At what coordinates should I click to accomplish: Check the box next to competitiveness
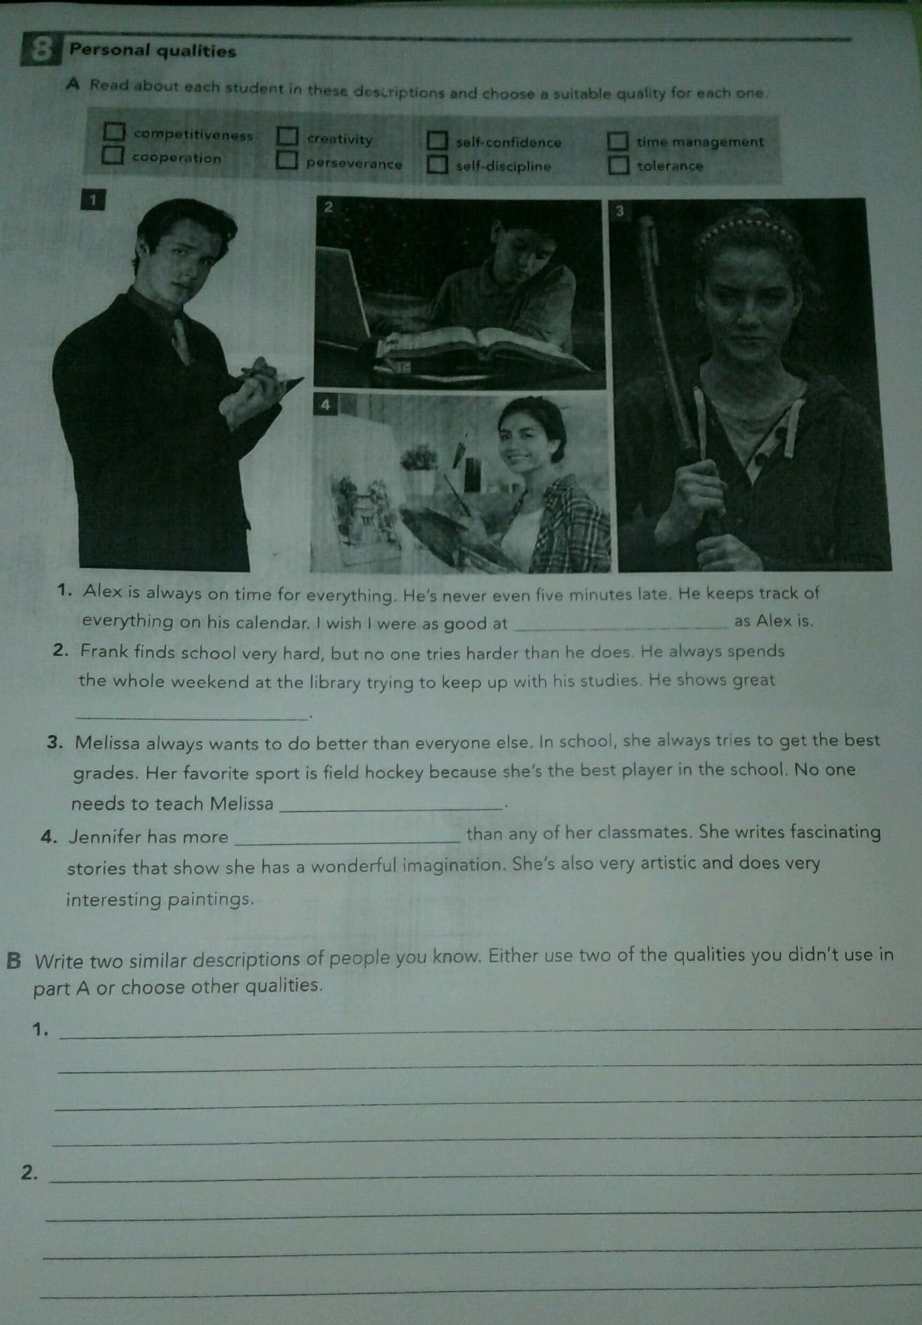tap(114, 131)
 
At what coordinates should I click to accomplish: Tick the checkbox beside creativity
tap(287, 136)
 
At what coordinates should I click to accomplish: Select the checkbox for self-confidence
tap(437, 140)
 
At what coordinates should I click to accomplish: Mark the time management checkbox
tap(618, 140)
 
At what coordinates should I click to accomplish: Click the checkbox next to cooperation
tap(113, 155)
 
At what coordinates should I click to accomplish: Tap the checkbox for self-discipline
tap(437, 165)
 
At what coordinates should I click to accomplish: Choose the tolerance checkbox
tap(618, 165)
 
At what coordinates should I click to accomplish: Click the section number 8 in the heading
tap(40, 51)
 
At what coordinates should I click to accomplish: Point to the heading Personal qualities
tap(153, 51)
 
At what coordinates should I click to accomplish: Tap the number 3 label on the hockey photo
tap(620, 211)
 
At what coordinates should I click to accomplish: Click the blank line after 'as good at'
tap(621, 627)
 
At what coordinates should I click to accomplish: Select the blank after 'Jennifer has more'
tap(348, 845)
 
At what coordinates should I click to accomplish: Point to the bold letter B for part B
tap(15, 961)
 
